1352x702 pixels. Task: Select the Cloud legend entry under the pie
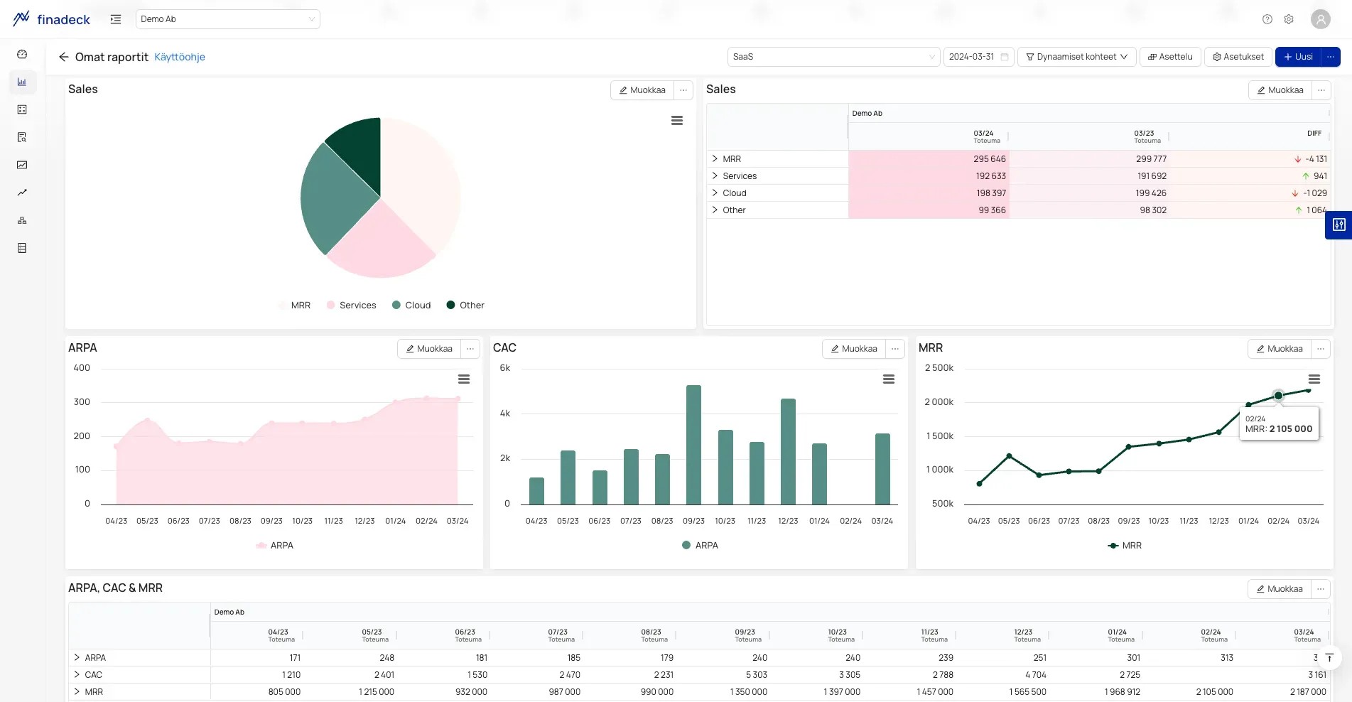[x=411, y=306]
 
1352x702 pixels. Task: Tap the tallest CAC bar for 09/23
[x=693, y=445]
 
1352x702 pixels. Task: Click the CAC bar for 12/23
[x=788, y=451]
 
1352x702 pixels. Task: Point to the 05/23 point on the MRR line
[x=1009, y=456]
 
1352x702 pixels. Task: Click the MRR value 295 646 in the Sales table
[x=990, y=159]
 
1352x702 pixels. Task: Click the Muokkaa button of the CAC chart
[x=854, y=349]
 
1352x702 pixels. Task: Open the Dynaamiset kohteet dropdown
[x=1077, y=57]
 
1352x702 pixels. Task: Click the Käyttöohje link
[x=180, y=57]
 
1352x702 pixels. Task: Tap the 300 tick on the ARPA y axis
[x=82, y=402]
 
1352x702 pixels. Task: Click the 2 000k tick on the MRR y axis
[x=939, y=402]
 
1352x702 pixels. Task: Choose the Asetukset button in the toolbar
[x=1238, y=57]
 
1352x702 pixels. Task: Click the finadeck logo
[x=52, y=19]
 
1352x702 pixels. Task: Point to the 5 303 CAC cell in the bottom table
[x=757, y=675]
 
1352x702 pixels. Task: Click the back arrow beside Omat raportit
[x=64, y=57]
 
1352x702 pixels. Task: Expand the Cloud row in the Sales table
[x=715, y=193]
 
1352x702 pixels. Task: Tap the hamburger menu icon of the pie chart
[x=677, y=121]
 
